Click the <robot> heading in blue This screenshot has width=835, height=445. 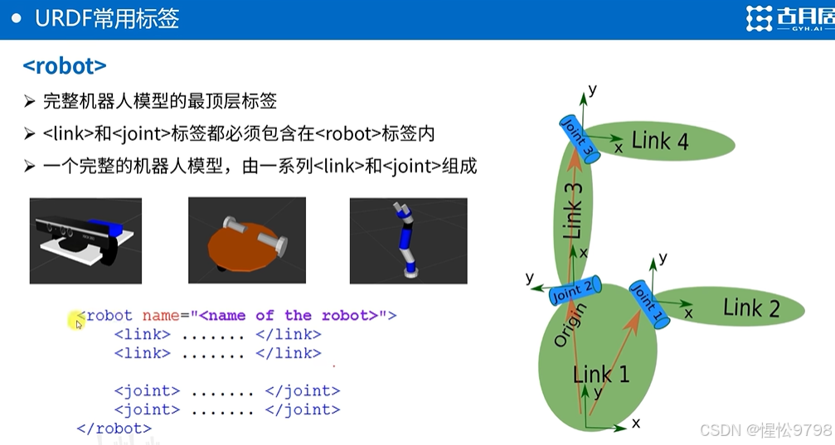(65, 65)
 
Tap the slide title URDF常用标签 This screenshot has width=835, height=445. (107, 19)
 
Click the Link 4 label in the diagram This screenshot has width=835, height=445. (660, 141)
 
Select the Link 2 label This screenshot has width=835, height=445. (751, 308)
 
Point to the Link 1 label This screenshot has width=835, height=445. (601, 375)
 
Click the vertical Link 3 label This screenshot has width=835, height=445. (573, 211)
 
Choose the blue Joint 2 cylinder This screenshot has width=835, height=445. (572, 293)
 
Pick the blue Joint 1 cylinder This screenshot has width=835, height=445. (649, 304)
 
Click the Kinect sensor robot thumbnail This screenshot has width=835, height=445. (85, 240)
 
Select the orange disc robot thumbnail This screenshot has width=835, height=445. (247, 240)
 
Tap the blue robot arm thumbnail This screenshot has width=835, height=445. (408, 240)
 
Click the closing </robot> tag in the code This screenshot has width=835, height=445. (114, 428)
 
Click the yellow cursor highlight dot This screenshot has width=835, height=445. (75, 319)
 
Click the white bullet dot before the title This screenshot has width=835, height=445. (16, 18)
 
